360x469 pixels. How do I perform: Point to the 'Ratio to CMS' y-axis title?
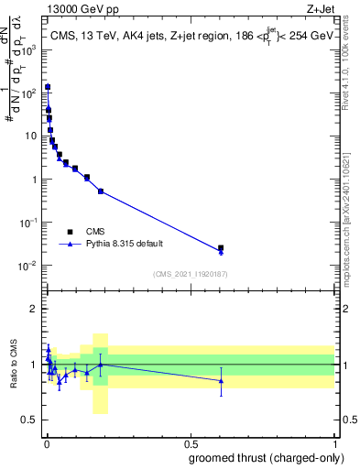(x=14, y=364)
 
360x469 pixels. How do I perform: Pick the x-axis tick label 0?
(x=46, y=442)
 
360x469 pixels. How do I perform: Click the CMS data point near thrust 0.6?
(x=221, y=247)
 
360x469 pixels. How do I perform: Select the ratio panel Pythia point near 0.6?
(x=221, y=380)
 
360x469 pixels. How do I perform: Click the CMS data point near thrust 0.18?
(x=101, y=191)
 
